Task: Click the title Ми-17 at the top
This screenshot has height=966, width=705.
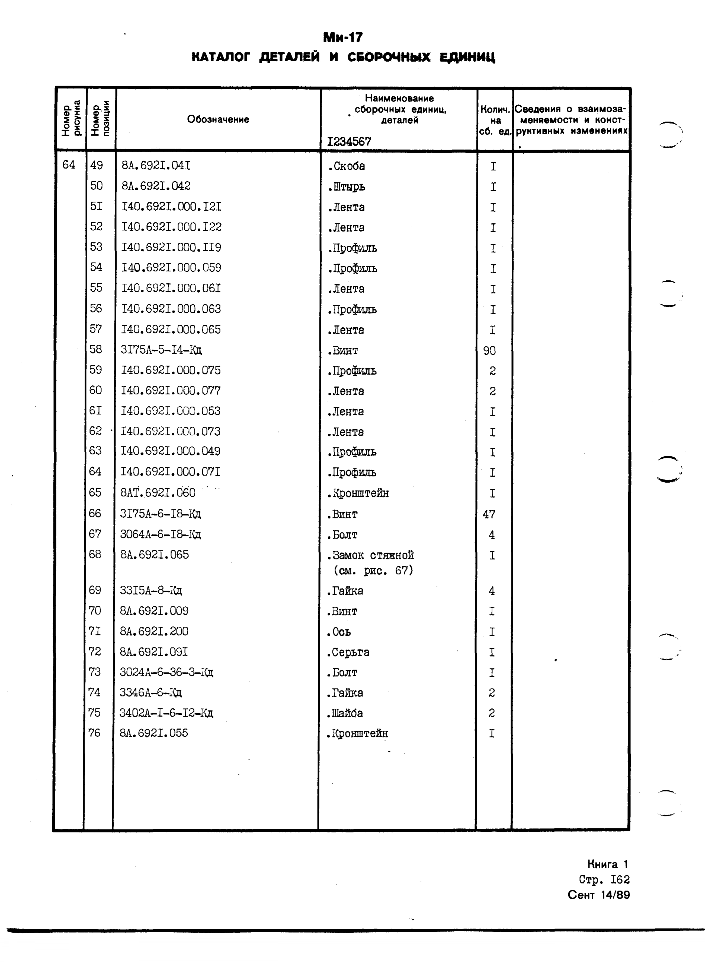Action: pyautogui.click(x=343, y=37)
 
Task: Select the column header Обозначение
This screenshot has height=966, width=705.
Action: pyautogui.click(x=218, y=119)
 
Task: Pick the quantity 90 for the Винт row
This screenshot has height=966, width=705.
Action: pyautogui.click(x=489, y=351)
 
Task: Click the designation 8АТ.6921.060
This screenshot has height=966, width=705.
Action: pyautogui.click(x=158, y=493)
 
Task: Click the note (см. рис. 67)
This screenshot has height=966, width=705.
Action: pyautogui.click(x=373, y=571)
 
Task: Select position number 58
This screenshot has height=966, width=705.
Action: pyautogui.click(x=96, y=349)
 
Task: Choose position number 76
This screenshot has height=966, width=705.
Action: pyautogui.click(x=94, y=733)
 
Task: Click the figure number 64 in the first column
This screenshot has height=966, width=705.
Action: pyautogui.click(x=69, y=164)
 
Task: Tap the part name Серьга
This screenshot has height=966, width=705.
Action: pyautogui.click(x=348, y=652)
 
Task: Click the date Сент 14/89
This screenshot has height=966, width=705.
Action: pyautogui.click(x=598, y=895)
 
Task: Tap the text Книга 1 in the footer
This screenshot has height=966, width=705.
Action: pyautogui.click(x=607, y=864)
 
